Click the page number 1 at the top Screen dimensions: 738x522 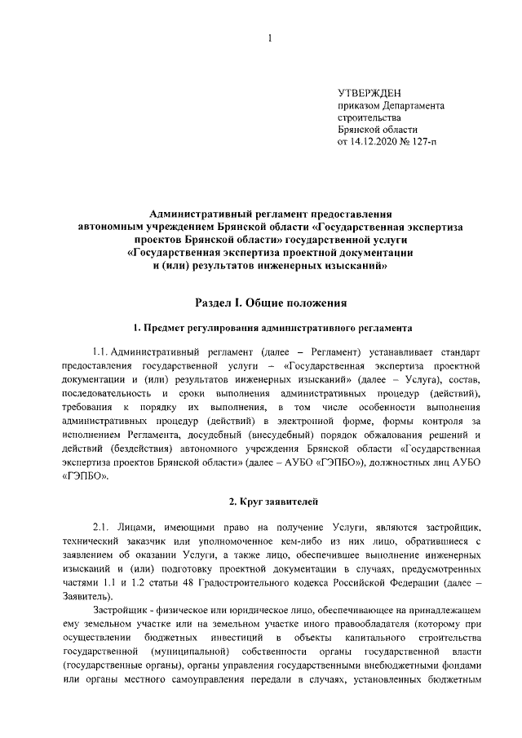click(269, 36)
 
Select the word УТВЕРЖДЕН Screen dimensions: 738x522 click(369, 93)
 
